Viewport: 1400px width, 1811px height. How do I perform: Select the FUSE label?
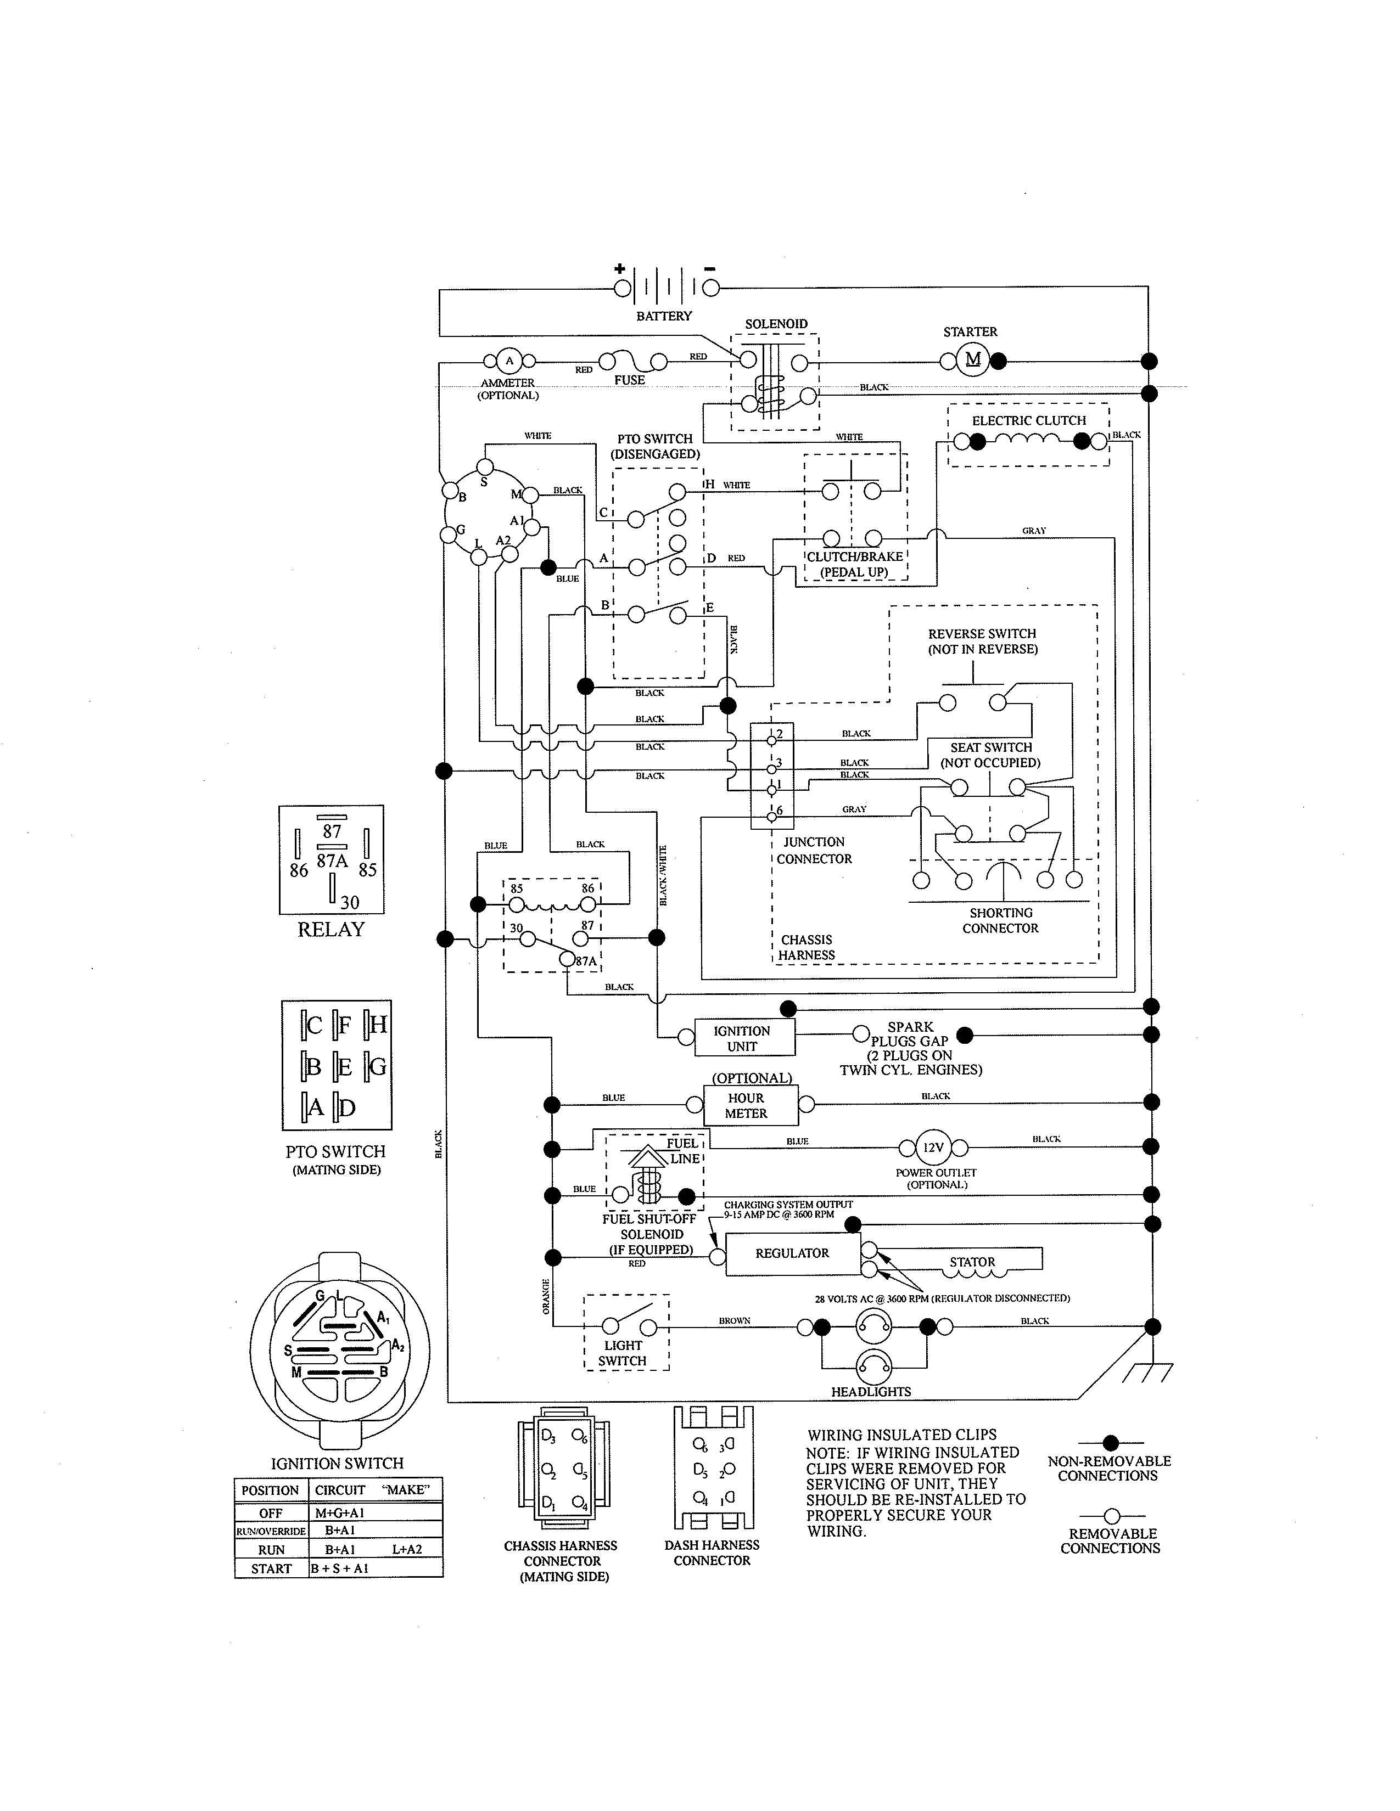pos(630,380)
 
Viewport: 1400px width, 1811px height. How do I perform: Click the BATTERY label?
pos(664,316)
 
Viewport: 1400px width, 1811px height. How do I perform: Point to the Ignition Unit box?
pos(744,1037)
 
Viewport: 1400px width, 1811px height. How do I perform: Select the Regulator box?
pos(792,1253)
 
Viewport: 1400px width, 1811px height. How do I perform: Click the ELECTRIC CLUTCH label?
pos(1028,420)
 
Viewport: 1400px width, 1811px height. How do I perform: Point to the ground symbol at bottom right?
pos(1148,1374)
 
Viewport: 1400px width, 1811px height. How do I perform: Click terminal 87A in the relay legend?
pos(332,860)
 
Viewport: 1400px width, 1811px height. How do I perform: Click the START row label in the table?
pos(271,1568)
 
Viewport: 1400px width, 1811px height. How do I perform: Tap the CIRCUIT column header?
pos(339,1489)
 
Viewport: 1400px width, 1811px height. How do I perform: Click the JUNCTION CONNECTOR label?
pos(814,850)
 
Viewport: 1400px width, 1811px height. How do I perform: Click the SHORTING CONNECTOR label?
pos(1000,920)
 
